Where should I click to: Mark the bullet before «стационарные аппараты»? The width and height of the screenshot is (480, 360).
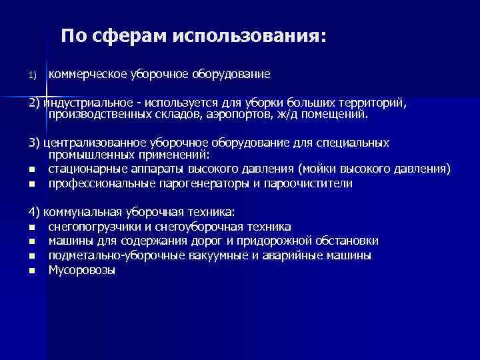(x=31, y=170)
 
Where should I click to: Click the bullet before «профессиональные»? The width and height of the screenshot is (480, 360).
(x=31, y=183)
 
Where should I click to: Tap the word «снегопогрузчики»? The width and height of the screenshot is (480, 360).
(x=93, y=227)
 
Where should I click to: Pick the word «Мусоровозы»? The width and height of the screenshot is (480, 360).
(x=81, y=270)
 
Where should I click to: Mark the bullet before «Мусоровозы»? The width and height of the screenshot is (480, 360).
(x=31, y=271)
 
